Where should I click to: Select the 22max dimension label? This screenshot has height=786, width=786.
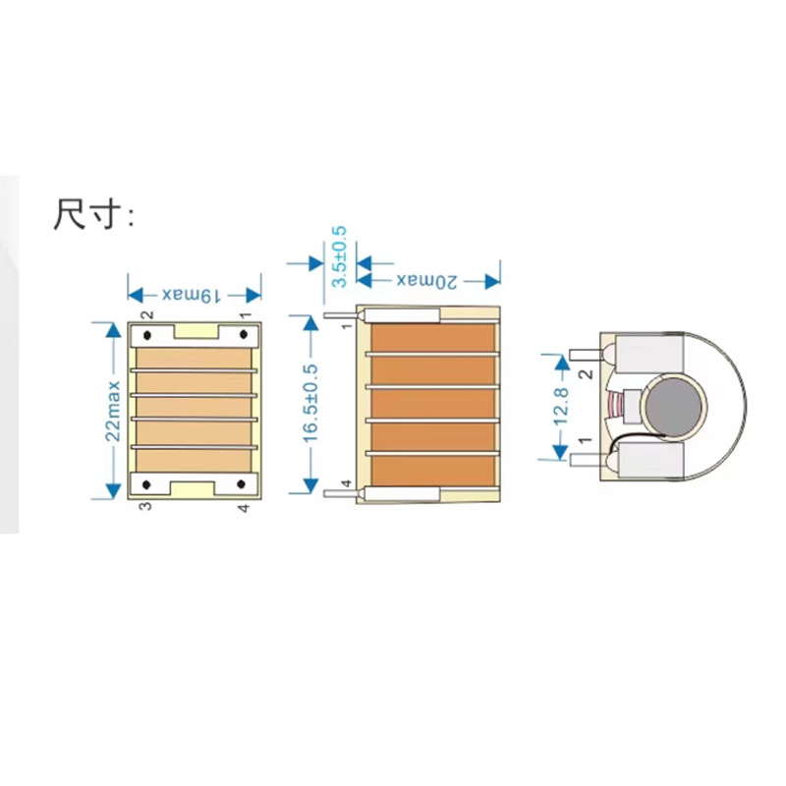point(114,410)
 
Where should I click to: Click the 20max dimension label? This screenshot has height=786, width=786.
point(428,281)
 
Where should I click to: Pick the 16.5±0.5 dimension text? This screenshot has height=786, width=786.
point(311,405)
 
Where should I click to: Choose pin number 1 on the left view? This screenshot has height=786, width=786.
point(244,315)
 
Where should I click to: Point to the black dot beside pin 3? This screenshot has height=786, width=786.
point(147,485)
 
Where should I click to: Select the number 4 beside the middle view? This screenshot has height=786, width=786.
point(346,483)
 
